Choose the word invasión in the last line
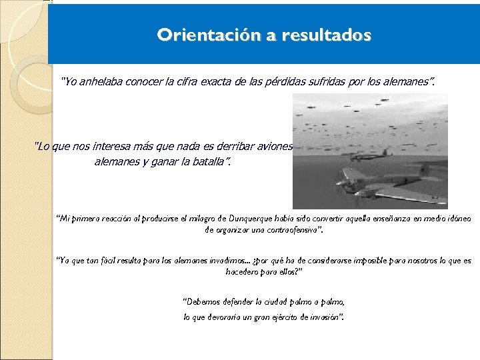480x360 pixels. (x=326, y=317)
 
